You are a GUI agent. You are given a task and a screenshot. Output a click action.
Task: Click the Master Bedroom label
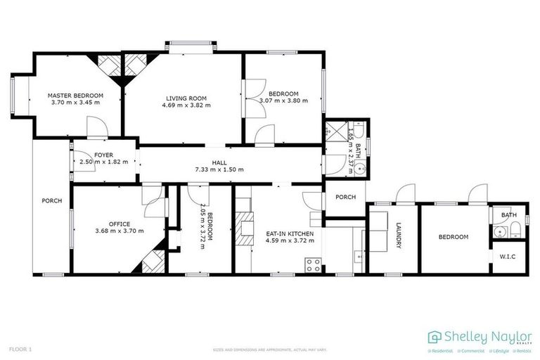[75, 95]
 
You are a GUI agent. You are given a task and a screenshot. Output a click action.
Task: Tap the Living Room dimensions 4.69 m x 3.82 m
[186, 105]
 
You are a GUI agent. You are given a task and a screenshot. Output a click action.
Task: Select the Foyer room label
[103, 154]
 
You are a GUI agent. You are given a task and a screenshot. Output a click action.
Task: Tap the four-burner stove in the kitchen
[313, 265]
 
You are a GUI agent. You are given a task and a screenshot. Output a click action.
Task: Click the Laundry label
[398, 237]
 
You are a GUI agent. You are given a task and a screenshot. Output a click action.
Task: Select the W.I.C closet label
[508, 256]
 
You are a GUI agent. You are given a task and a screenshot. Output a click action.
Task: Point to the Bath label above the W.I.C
[508, 214]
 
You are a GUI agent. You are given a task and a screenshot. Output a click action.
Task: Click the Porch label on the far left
[51, 200]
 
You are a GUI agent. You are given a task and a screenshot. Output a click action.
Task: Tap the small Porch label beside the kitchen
[345, 196]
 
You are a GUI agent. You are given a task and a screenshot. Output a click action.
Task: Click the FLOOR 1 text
[20, 349]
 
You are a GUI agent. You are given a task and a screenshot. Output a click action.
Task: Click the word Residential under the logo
[441, 350]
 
